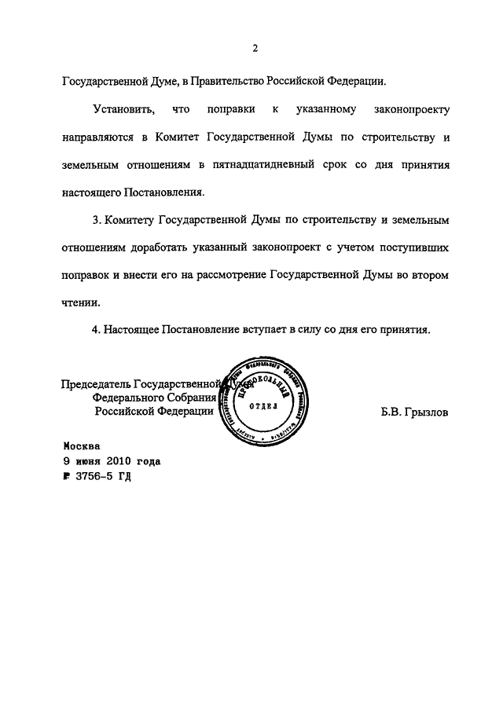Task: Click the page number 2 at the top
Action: [x=255, y=49]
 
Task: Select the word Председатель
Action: [x=96, y=384]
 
